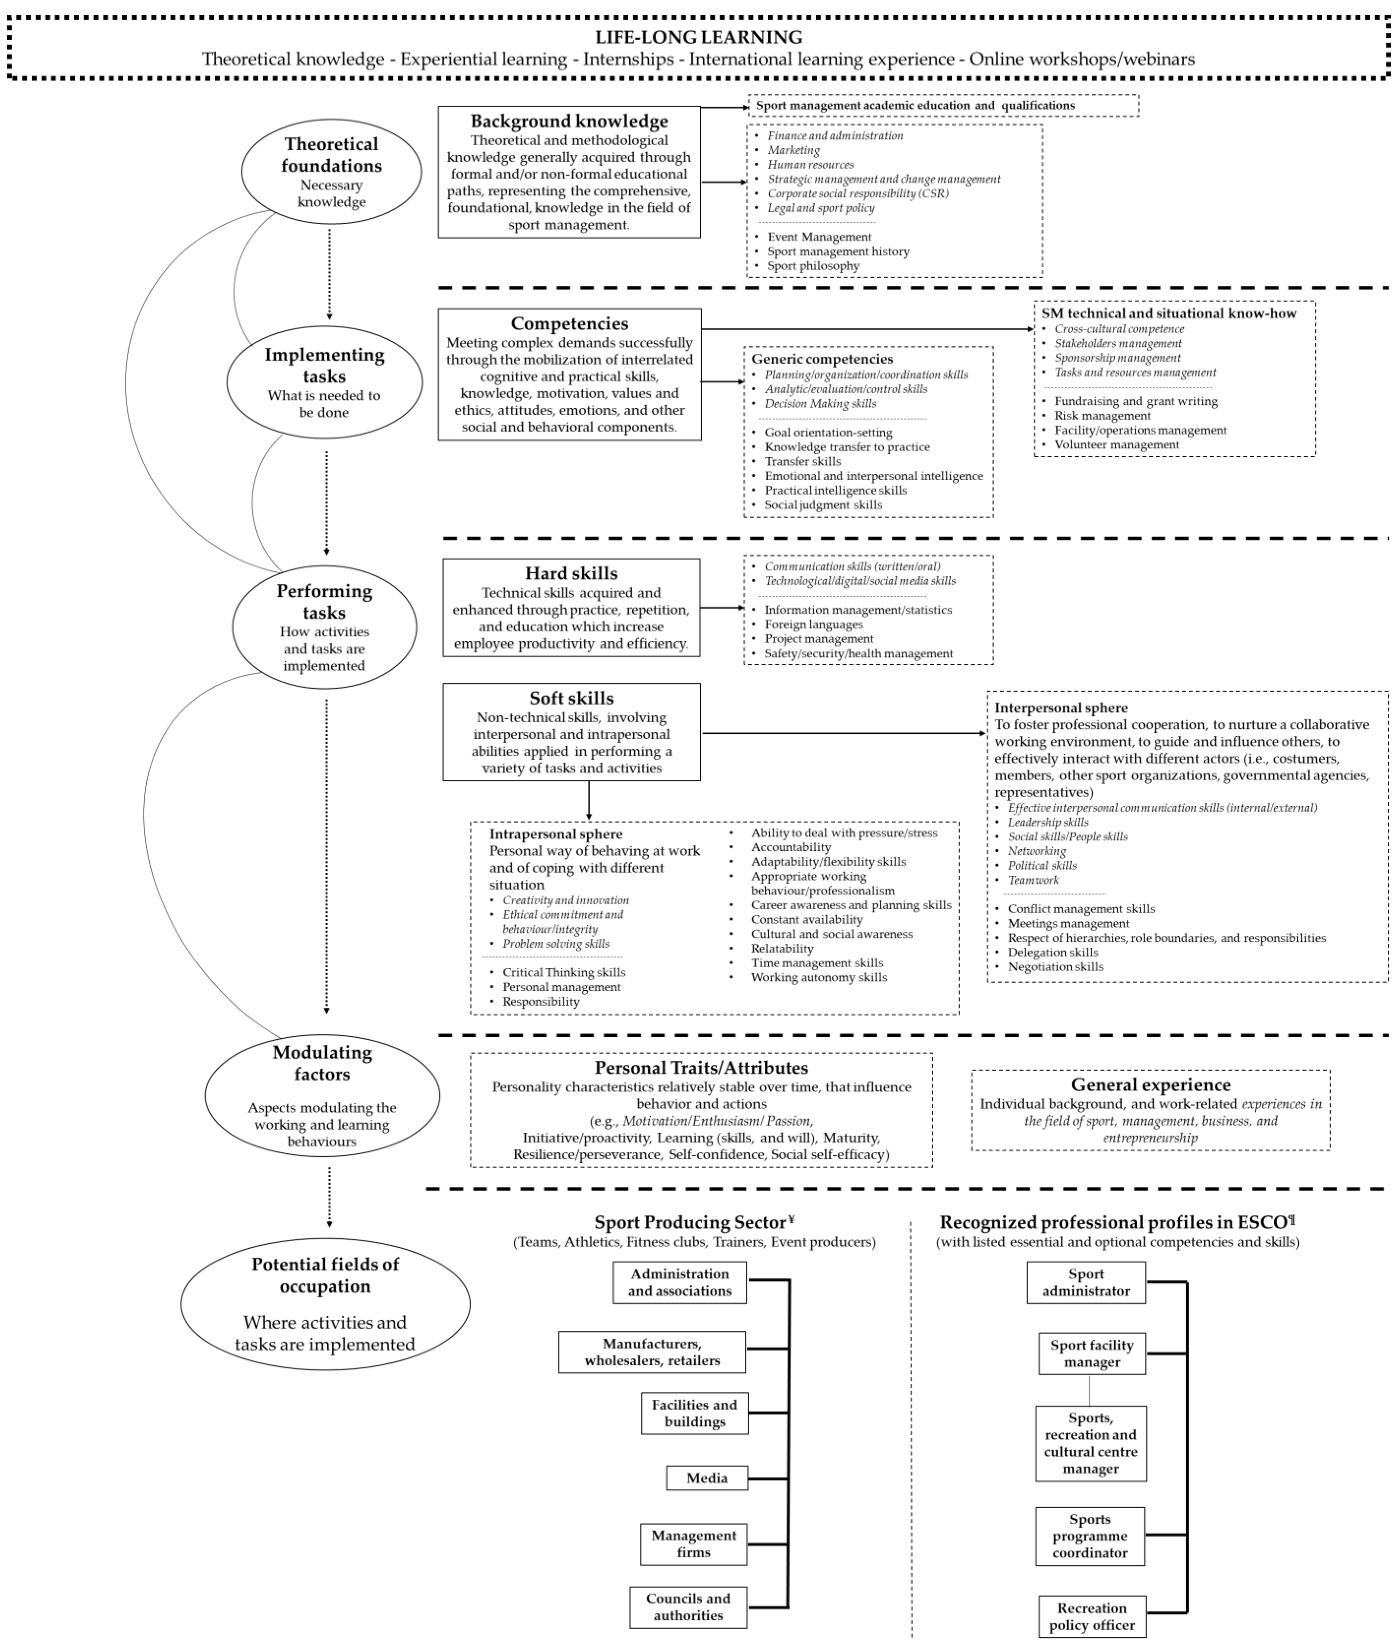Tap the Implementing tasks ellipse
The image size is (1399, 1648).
click(324, 382)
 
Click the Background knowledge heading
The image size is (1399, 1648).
click(569, 121)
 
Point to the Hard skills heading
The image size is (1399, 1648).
click(571, 573)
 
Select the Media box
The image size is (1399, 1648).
click(707, 1477)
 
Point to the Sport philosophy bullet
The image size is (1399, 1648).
click(813, 266)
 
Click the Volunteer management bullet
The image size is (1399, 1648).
click(1117, 444)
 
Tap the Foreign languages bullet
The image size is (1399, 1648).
click(814, 624)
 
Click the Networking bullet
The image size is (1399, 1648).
click(1037, 851)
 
